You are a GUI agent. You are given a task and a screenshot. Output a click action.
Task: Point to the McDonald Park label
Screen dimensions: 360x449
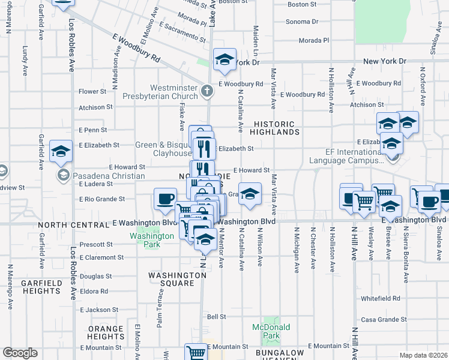pos(271,331)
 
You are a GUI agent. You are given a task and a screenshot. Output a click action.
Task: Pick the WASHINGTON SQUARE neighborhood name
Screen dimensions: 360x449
pos(178,279)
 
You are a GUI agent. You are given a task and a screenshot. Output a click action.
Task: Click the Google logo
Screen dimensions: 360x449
pos(20,353)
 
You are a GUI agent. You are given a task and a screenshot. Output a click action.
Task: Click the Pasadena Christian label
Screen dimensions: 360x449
pos(109,176)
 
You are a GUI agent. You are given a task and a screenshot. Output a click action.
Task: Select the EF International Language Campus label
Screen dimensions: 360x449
pos(346,156)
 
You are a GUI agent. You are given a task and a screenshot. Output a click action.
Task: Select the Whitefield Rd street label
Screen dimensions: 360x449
pos(380,298)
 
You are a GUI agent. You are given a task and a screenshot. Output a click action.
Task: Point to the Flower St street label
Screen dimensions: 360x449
pos(92,92)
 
